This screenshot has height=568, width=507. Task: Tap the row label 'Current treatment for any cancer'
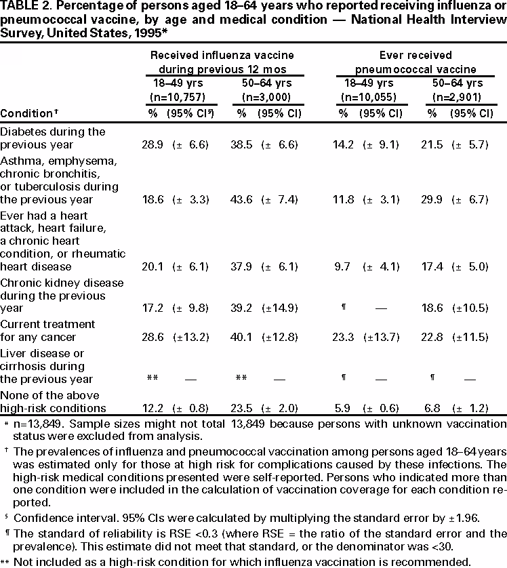(x=47, y=331)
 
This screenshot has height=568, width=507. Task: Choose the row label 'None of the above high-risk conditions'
(x=53, y=402)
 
